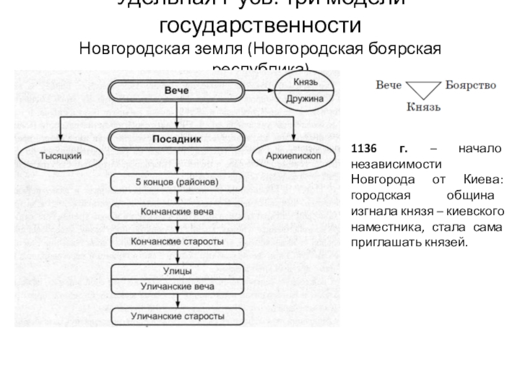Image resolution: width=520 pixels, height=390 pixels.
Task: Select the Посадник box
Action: [177, 139]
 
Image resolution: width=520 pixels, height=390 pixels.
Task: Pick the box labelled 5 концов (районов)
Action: [177, 182]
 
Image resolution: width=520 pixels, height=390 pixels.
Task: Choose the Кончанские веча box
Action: [177, 212]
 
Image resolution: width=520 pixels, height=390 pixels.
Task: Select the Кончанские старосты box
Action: [177, 241]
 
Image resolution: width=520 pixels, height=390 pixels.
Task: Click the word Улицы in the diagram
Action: [177, 270]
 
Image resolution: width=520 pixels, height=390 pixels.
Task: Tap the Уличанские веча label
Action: [177, 286]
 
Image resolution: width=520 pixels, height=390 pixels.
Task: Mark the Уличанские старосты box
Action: [177, 317]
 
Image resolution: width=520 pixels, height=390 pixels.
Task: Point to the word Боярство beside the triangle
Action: [471, 85]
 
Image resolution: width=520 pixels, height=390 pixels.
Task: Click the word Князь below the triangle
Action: [424, 106]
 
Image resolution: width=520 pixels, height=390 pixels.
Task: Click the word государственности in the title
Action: [259, 27]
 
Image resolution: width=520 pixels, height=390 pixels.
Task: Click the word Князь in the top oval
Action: [306, 83]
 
